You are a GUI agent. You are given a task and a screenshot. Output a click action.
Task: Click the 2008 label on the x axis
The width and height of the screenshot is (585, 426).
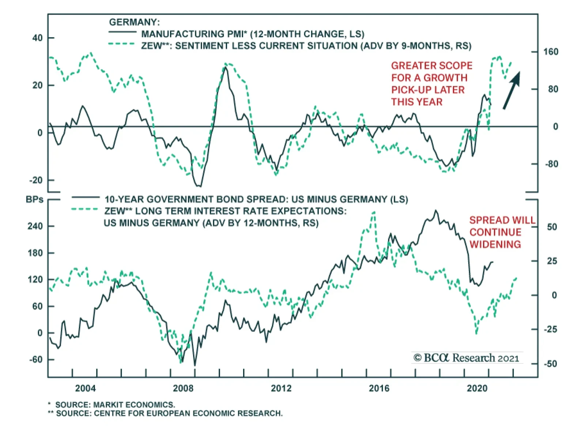pos(183,388)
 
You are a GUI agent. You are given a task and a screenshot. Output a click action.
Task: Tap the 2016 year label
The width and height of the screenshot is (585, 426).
pos(379,388)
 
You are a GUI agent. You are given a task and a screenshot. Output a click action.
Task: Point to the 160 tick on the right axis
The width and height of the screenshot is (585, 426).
pos(551,52)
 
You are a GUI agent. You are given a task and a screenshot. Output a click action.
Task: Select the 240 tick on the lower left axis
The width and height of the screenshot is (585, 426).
pos(35,226)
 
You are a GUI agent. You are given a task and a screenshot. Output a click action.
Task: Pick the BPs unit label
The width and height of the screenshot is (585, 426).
pos(35,200)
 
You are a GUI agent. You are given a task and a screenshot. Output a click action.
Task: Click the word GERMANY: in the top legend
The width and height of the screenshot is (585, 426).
pos(134,22)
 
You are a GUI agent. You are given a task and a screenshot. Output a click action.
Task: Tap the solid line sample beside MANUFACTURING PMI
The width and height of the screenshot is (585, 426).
pos(122,33)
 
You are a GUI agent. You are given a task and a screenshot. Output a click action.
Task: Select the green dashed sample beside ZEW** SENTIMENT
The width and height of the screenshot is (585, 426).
pos(122,44)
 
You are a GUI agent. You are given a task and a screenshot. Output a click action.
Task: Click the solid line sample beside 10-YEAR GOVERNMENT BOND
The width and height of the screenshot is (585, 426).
pos(85,197)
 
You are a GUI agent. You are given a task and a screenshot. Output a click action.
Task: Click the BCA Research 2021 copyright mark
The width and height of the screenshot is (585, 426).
pos(466,358)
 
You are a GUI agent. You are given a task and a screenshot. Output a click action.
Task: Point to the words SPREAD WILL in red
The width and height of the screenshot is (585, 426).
pos(502,220)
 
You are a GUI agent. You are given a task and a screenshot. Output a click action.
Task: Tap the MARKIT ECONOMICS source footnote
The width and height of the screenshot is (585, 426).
pos(115,405)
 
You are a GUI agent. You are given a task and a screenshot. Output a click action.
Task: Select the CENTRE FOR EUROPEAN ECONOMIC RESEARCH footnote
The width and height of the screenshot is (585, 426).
pos(169,414)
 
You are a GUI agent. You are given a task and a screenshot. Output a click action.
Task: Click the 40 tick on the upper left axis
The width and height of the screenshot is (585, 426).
pos(37,38)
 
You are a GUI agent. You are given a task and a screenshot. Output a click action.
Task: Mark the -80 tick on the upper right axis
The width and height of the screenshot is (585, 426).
pos(551,164)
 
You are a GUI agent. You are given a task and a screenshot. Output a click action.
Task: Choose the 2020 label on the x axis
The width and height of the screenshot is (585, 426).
pos(477,388)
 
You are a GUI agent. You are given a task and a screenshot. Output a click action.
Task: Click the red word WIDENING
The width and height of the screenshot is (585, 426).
pos(495,244)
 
